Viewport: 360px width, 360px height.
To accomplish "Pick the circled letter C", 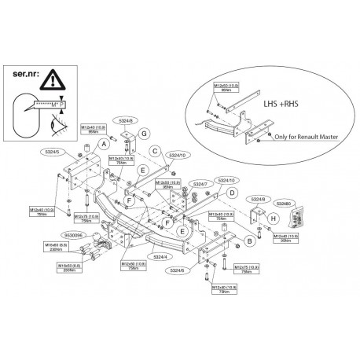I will [x=155, y=150].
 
